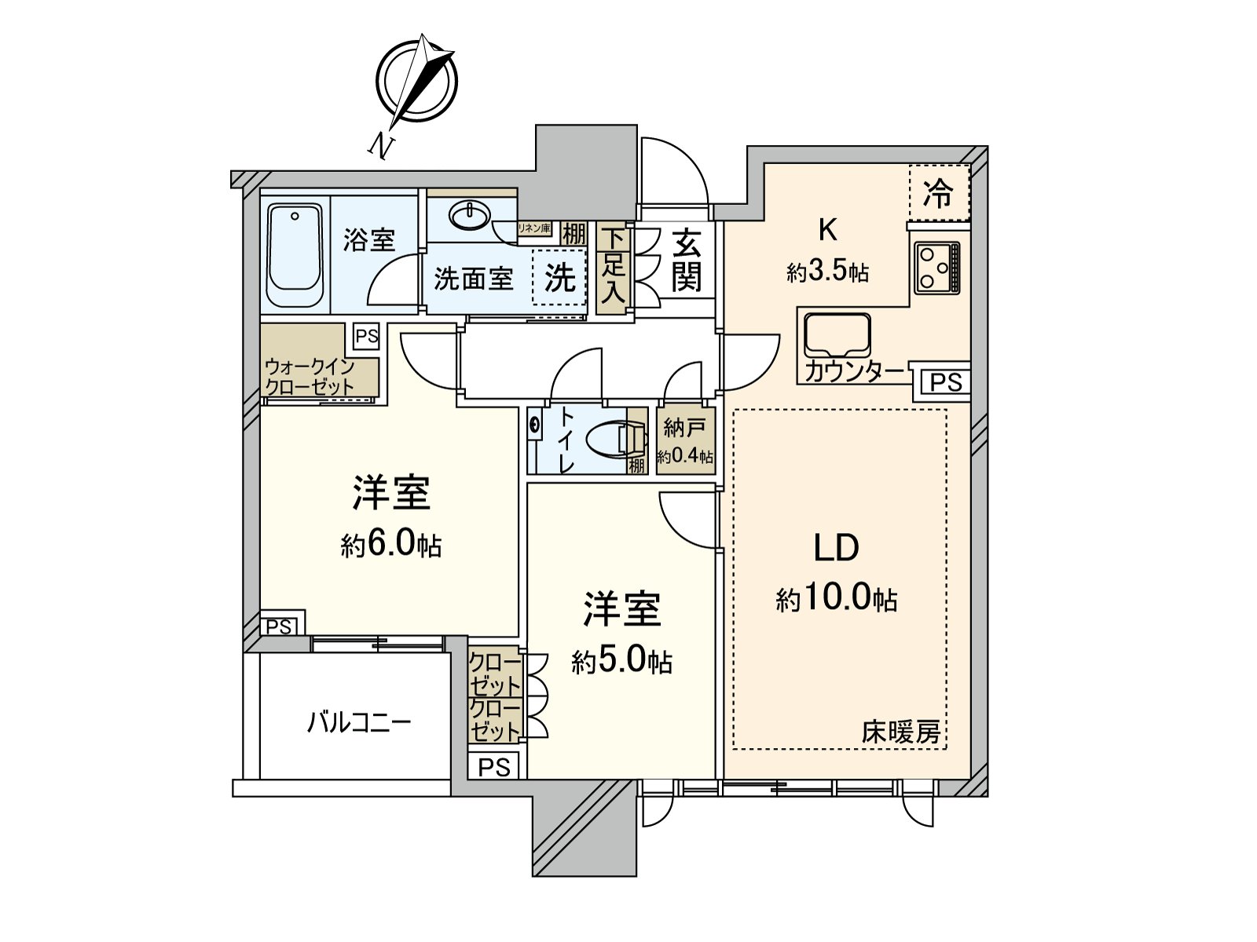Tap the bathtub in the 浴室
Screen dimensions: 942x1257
pyautogui.click(x=294, y=256)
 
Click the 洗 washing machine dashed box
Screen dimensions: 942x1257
pyautogui.click(x=559, y=276)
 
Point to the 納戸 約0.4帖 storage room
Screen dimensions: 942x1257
pyautogui.click(x=686, y=440)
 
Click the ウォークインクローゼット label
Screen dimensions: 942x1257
pyautogui.click(x=310, y=376)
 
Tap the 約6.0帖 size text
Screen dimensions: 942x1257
pyautogui.click(x=390, y=545)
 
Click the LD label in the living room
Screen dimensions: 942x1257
pyautogui.click(x=836, y=548)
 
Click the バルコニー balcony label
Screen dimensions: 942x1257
pyautogui.click(x=358, y=721)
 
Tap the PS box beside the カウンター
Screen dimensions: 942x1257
pyautogui.click(x=945, y=382)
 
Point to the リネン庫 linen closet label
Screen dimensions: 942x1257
pyautogui.click(x=533, y=229)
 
